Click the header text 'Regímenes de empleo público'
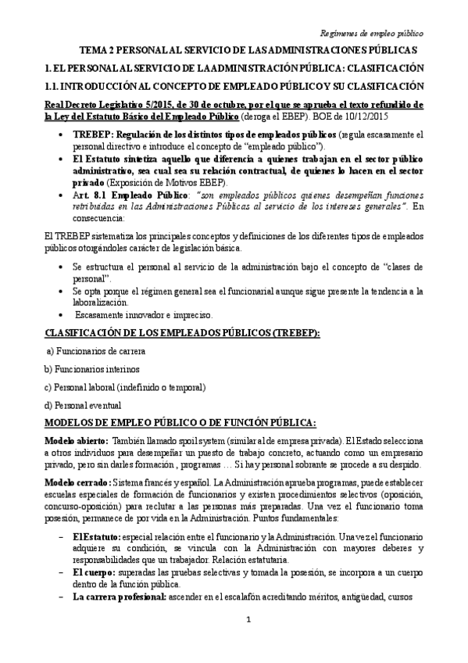coord(373,34)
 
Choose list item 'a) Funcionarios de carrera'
coord(97,352)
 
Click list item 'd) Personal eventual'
coord(85,404)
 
